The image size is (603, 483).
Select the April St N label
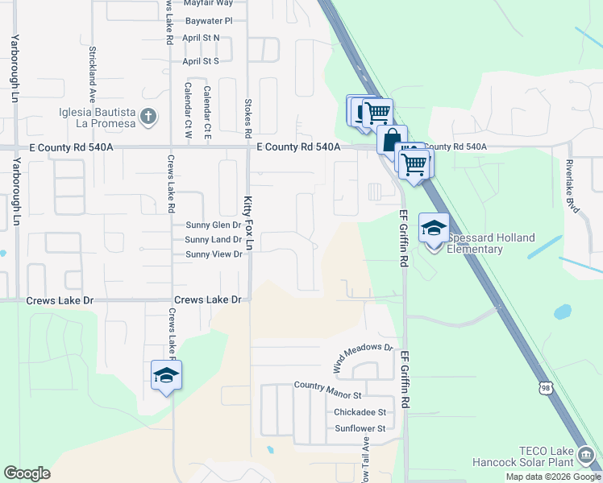tap(201, 39)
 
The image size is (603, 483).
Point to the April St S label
tap(201, 61)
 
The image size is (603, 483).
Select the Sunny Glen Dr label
tap(214, 225)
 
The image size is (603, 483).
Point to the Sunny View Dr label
tap(214, 254)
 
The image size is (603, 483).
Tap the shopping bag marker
tap(391, 139)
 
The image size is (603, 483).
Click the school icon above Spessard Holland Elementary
tap(434, 228)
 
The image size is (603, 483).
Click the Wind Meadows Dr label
tap(363, 358)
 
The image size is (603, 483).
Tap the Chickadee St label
tap(360, 412)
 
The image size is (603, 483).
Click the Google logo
tap(27, 473)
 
